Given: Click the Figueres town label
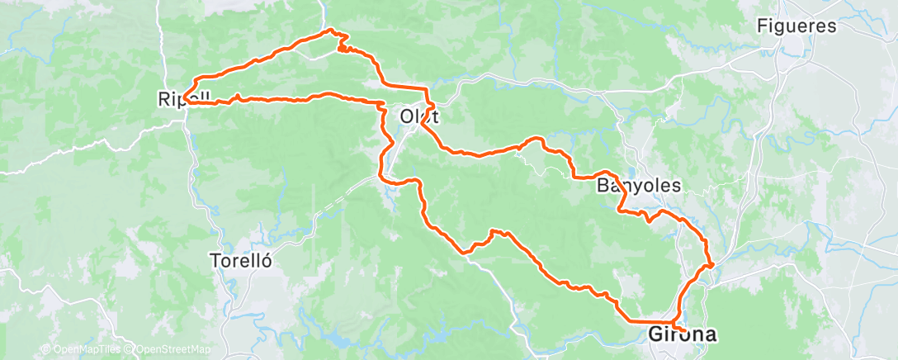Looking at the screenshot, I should point(796,26).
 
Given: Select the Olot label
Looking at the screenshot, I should point(418,116).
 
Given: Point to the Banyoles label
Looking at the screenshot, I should point(638,186).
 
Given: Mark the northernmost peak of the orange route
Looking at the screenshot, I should point(332,31).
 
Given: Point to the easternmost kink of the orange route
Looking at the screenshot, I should point(712,265).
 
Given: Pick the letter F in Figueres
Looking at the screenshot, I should point(762,26).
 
